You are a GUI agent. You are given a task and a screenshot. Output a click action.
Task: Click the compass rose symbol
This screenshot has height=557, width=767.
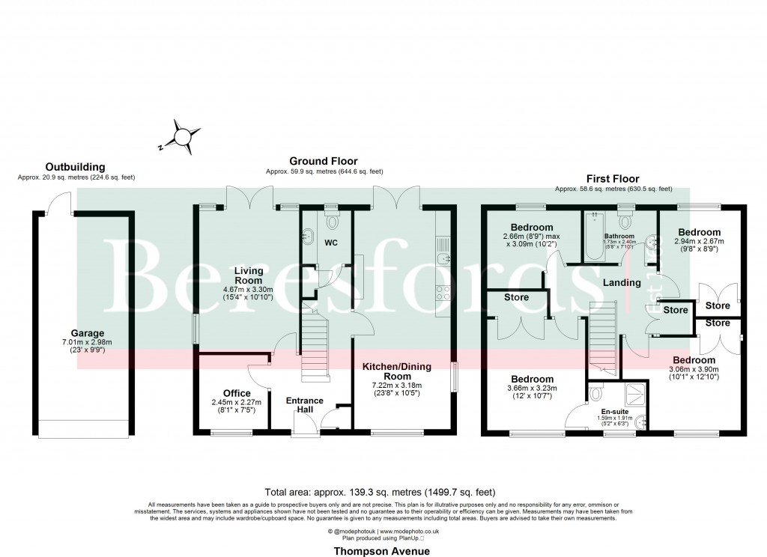point(182,137)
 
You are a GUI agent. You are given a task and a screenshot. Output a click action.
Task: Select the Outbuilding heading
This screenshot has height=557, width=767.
point(75,167)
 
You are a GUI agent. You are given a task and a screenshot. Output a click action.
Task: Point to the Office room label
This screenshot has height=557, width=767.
point(237,393)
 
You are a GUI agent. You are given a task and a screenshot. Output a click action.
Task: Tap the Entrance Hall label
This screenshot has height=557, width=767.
point(305,406)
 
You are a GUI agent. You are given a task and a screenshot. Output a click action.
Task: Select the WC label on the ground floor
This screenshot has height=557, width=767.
point(332,243)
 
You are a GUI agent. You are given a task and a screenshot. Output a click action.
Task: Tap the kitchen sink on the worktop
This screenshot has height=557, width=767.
point(443,258)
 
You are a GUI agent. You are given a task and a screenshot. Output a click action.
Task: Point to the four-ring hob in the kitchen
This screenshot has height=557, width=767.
point(443,293)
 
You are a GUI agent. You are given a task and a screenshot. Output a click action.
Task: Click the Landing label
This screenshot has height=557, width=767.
point(622,282)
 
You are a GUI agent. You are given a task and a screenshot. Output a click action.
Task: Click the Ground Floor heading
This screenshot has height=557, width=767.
point(324,161)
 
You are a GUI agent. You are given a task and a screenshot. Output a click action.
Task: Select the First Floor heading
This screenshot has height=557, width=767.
point(613,179)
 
